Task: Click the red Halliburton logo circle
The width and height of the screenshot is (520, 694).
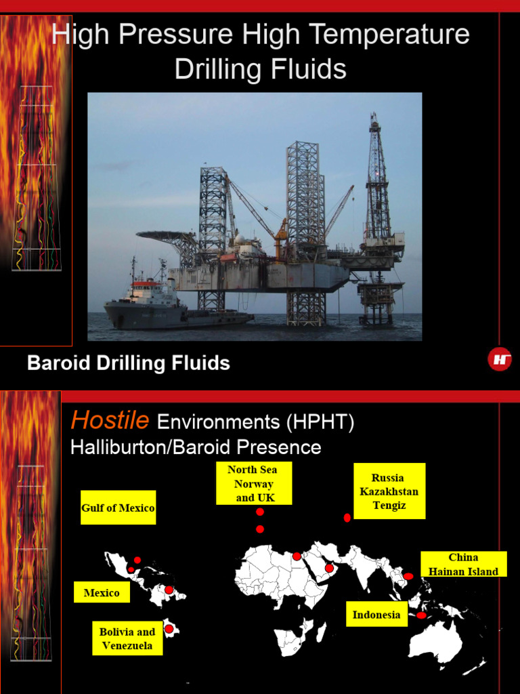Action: pyautogui.click(x=500, y=359)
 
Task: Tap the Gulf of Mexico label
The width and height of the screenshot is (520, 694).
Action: pyautogui.click(x=118, y=508)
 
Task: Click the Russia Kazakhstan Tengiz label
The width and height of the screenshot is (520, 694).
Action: pyautogui.click(x=389, y=491)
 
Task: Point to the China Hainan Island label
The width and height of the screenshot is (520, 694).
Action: pyautogui.click(x=463, y=564)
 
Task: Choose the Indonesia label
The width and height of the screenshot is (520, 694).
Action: pyautogui.click(x=376, y=615)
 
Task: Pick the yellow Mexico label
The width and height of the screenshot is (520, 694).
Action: pyautogui.click(x=102, y=592)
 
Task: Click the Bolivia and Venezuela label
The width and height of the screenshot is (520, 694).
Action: pyautogui.click(x=127, y=638)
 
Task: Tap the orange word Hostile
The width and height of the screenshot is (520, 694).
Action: pyautogui.click(x=110, y=421)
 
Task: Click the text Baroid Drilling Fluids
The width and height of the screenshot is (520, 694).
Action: pyautogui.click(x=129, y=363)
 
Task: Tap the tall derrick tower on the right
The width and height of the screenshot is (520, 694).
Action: pyautogui.click(x=378, y=183)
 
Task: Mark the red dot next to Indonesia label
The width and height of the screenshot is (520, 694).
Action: pyautogui.click(x=421, y=615)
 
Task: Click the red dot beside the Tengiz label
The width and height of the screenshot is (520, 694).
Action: pyautogui.click(x=347, y=518)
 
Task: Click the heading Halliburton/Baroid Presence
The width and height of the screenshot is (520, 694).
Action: pyautogui.click(x=196, y=447)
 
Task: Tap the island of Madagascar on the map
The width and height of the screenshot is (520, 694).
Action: pyautogui.click(x=322, y=632)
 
